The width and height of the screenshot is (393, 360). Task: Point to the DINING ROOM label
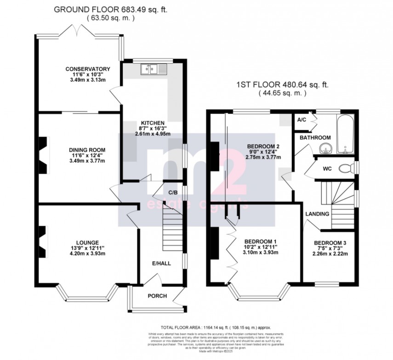(x=81, y=150)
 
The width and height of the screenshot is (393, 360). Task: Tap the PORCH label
(x=157, y=296)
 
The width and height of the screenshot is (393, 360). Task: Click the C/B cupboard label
(x=173, y=192)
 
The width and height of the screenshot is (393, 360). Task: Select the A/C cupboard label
(x=302, y=120)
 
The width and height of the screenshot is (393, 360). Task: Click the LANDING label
(x=318, y=214)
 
